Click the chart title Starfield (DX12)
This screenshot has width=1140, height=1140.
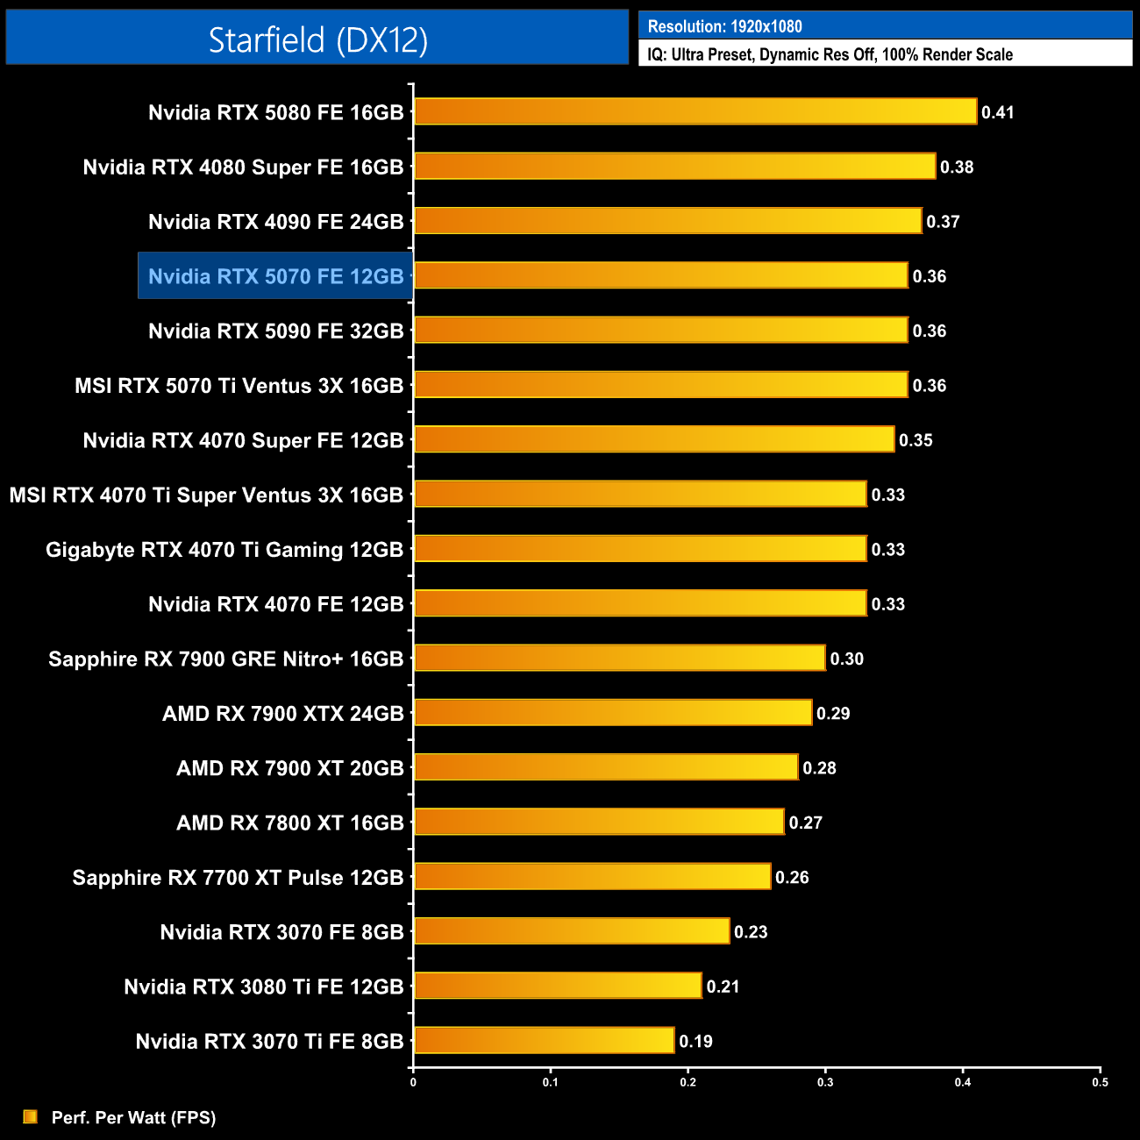point(317,39)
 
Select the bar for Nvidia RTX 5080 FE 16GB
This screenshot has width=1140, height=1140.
point(695,111)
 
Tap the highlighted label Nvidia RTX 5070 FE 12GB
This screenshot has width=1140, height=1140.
point(275,276)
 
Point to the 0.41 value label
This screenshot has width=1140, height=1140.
point(998,112)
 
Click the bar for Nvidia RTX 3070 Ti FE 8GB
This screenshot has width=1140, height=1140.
point(544,1041)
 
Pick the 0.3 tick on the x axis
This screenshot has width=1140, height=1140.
point(825,1082)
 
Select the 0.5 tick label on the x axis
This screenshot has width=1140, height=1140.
point(1100,1082)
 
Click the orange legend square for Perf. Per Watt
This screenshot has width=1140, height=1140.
point(31,1116)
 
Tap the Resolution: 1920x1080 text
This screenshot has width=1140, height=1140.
point(724,26)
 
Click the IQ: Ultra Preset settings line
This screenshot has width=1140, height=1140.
point(830,54)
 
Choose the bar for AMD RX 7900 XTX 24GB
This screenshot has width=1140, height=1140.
point(613,713)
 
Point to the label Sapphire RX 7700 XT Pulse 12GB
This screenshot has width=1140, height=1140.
point(238,878)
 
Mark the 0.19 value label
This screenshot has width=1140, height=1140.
point(695,1042)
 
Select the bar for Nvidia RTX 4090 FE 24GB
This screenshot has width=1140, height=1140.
point(667,221)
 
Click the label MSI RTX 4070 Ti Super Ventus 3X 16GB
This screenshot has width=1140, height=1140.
point(206,495)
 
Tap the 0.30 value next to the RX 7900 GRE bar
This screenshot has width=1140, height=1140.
point(846,659)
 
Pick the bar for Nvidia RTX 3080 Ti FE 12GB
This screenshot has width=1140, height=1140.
point(558,986)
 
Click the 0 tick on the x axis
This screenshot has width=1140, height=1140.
point(413,1082)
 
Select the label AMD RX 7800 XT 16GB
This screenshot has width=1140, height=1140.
point(289,823)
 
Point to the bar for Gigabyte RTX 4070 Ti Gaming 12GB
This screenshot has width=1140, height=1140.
point(640,549)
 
